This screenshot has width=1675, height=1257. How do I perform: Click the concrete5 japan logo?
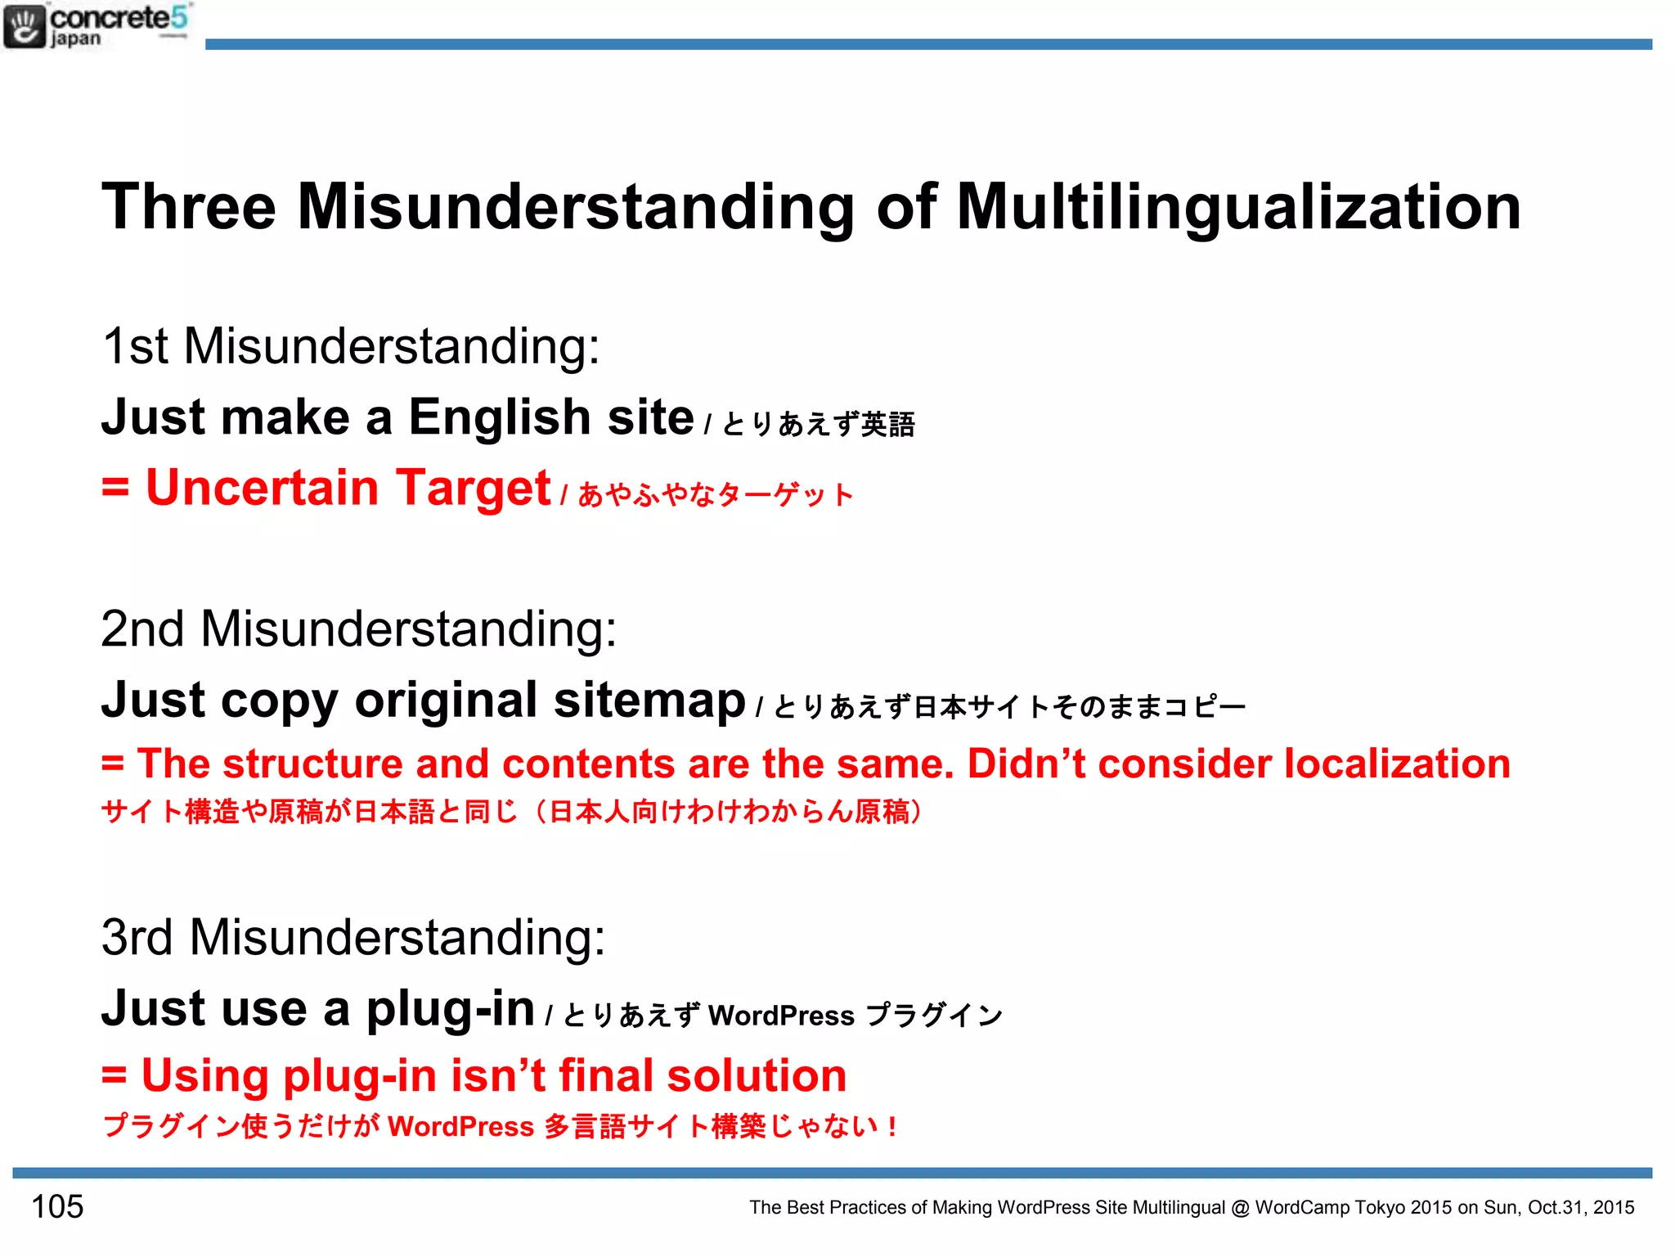click(x=97, y=26)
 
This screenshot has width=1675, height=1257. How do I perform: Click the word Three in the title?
click(x=189, y=206)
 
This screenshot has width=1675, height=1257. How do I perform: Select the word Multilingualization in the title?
click(x=1238, y=206)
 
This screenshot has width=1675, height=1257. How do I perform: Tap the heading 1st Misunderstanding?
click(x=351, y=345)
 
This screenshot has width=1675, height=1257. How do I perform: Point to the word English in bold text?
click(x=499, y=417)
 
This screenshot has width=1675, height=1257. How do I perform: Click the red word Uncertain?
click(x=262, y=488)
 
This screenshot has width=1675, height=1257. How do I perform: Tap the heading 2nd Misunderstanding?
click(x=358, y=628)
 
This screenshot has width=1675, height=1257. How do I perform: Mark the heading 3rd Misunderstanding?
click(x=353, y=937)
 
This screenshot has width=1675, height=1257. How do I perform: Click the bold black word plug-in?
click(x=450, y=1008)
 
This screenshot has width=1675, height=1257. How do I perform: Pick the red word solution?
click(x=757, y=1075)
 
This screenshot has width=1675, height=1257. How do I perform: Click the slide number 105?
click(x=57, y=1206)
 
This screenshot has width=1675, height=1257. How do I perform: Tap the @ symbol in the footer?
click(x=1240, y=1208)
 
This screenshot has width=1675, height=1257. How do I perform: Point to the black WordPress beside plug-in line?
click(x=781, y=1016)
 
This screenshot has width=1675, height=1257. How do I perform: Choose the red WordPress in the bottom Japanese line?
click(x=460, y=1127)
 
